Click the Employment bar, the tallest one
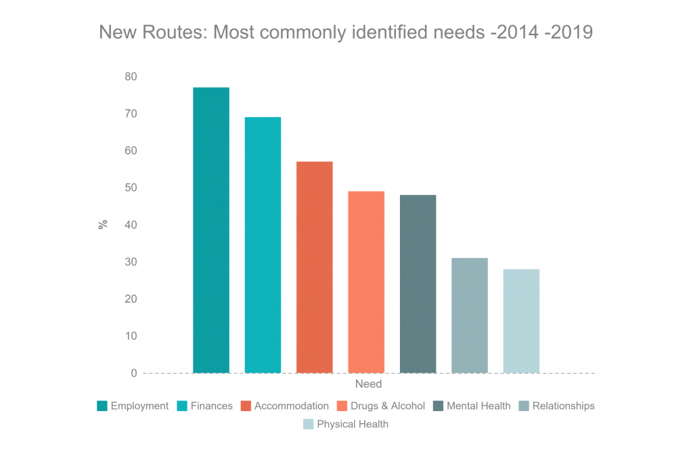point(211,230)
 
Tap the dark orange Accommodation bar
point(315,267)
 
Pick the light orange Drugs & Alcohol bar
point(366,282)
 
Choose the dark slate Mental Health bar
point(418,284)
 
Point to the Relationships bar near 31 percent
point(470,316)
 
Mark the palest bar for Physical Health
point(521,321)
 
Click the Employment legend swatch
point(102,406)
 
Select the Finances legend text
point(211,406)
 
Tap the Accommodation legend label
point(291,406)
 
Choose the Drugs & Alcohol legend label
point(387,406)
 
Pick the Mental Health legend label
point(478,406)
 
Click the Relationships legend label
point(563,406)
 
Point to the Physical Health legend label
point(353,425)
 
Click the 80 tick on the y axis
point(130,77)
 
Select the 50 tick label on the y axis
point(130,188)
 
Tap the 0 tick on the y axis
point(133,373)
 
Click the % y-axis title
point(104,225)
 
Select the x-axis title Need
point(368,385)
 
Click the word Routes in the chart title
point(173,33)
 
